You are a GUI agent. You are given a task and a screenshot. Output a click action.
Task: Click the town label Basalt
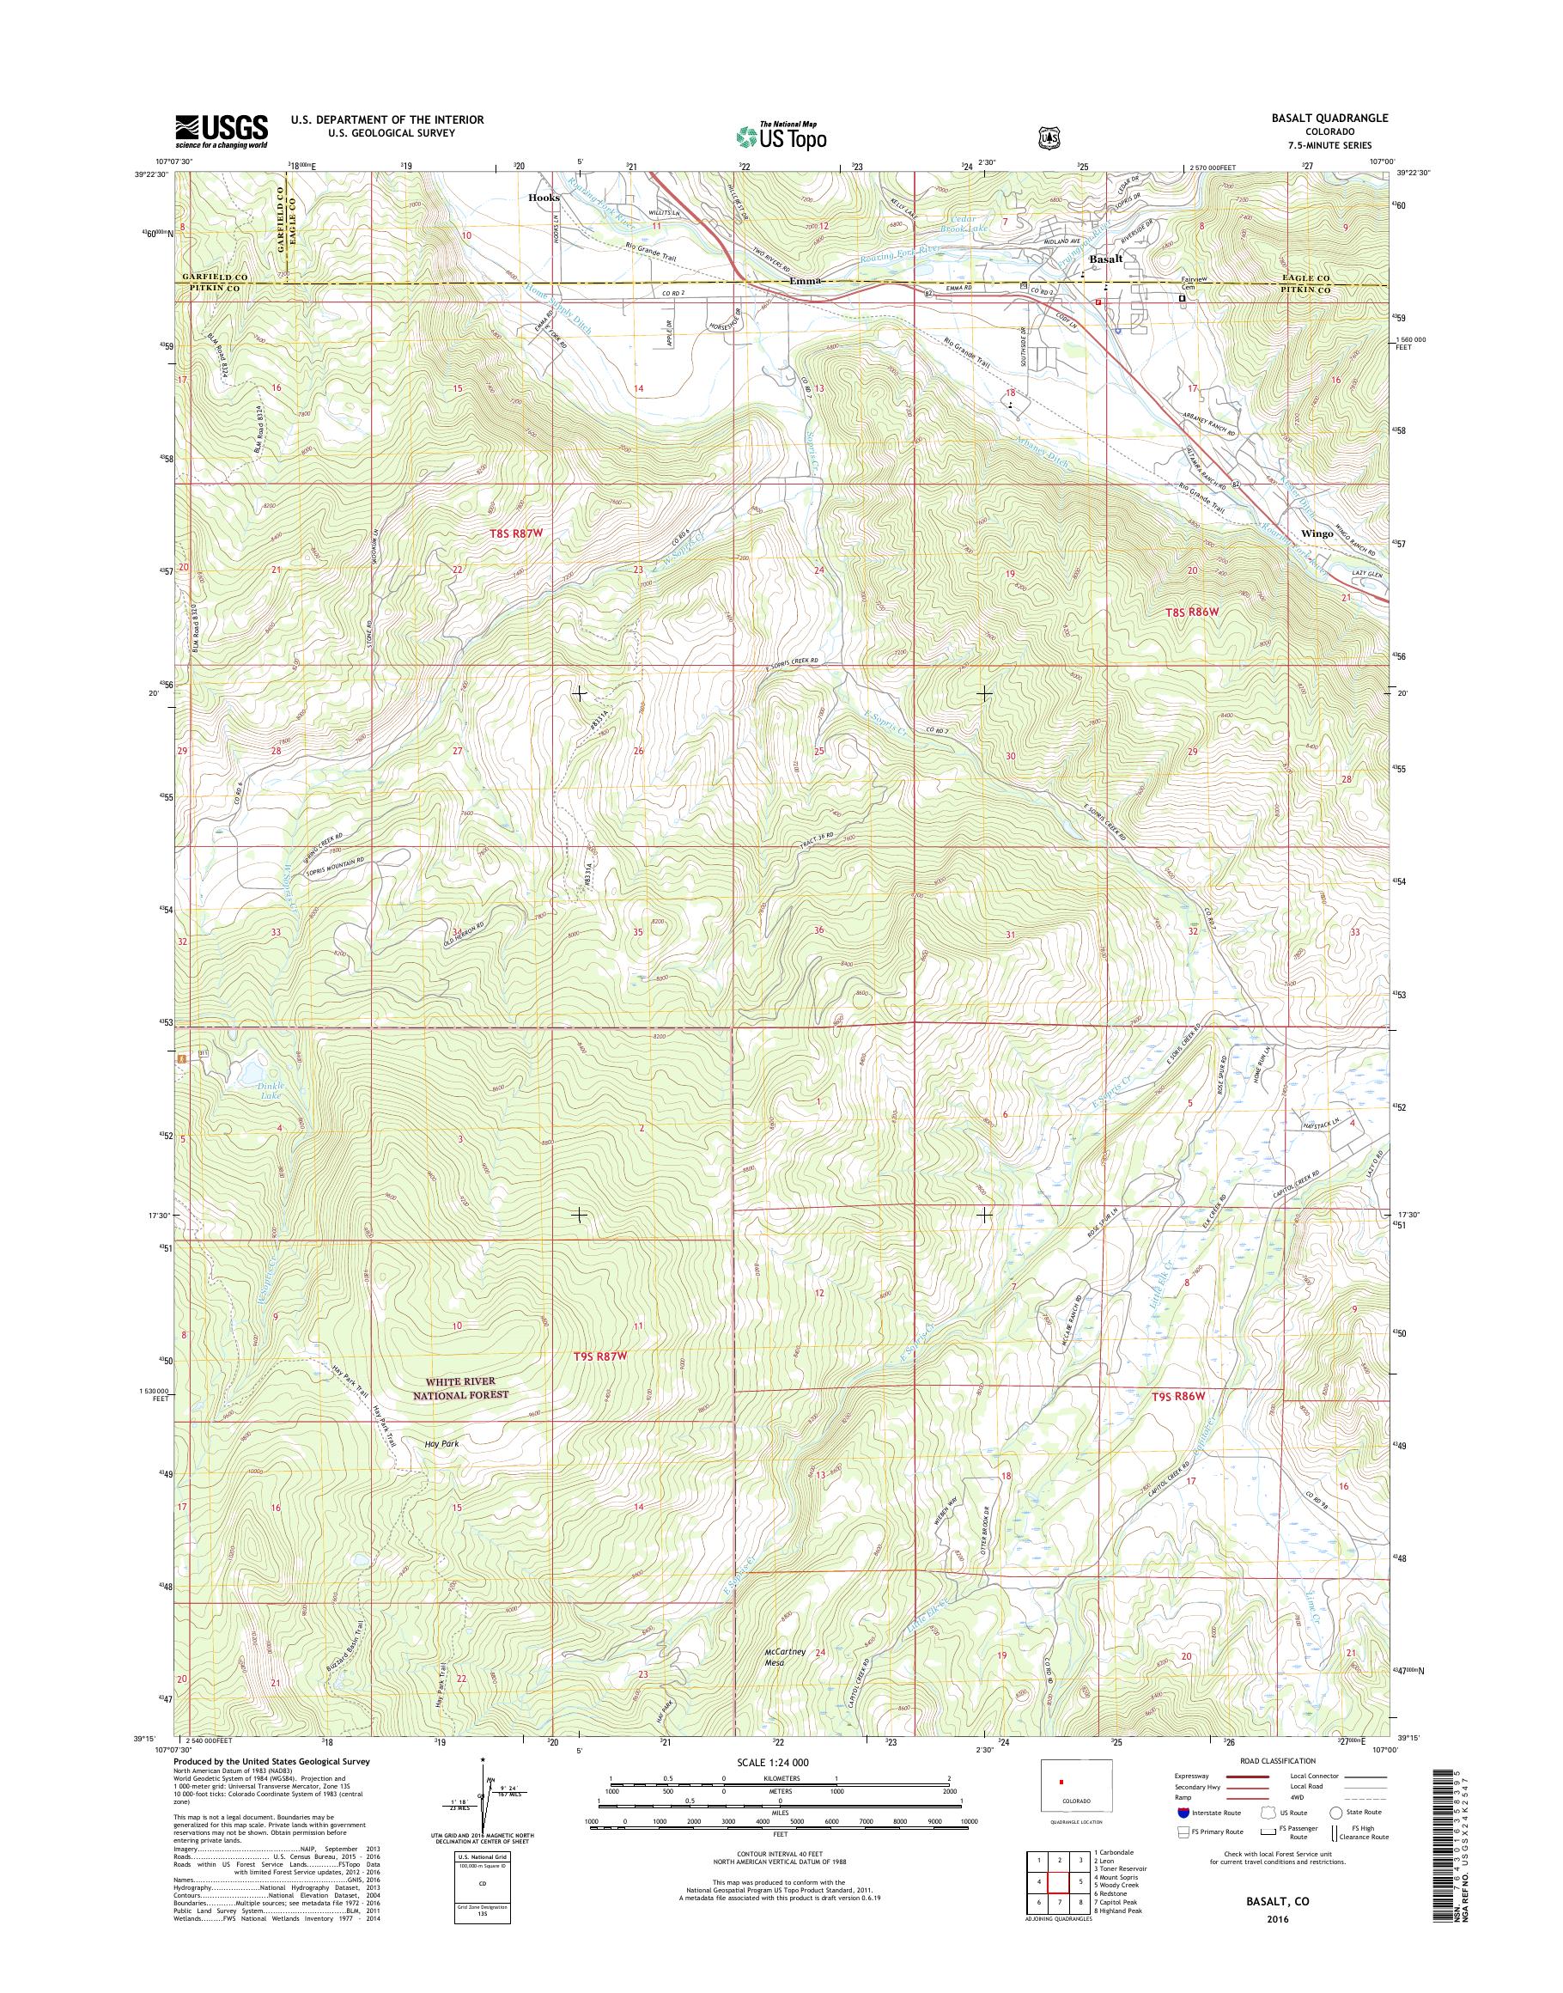1104,260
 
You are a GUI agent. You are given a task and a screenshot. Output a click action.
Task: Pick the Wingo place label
1317,533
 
